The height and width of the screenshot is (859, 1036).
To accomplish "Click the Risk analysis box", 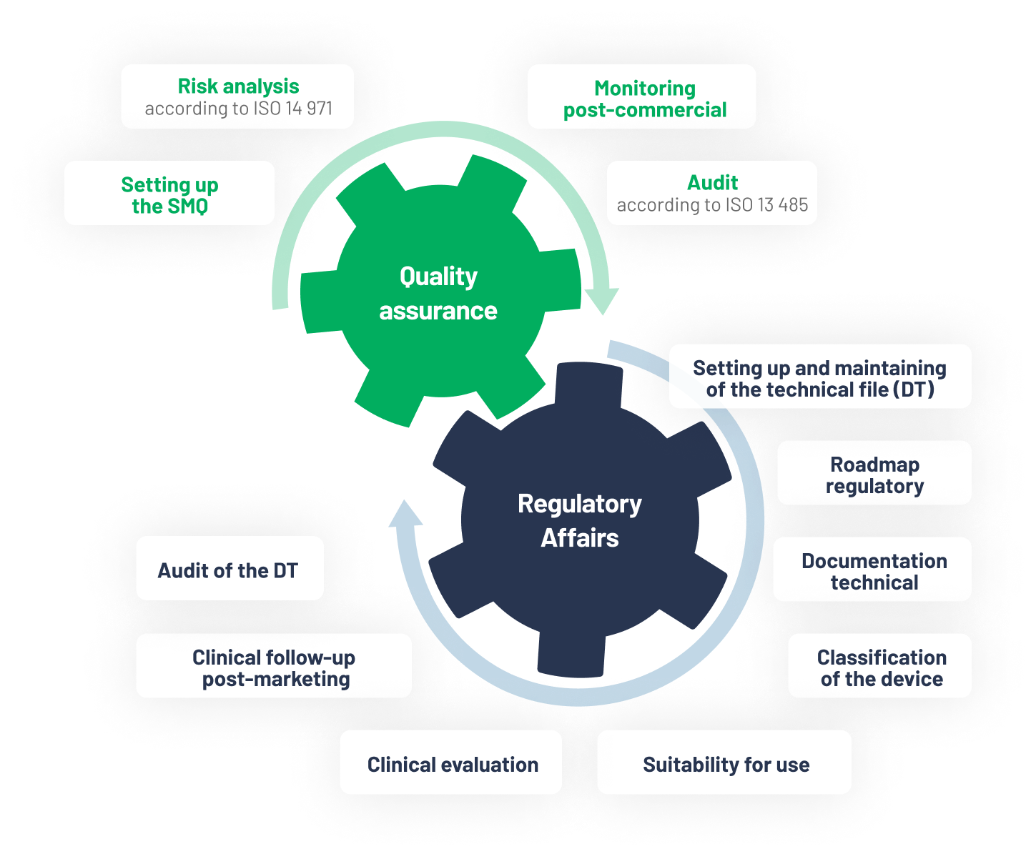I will [x=237, y=96].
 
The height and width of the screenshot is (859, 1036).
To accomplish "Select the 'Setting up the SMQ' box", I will [x=169, y=194].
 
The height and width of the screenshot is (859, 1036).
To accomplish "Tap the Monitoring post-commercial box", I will [x=641, y=97].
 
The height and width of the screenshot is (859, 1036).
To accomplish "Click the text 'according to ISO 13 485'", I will [x=712, y=205].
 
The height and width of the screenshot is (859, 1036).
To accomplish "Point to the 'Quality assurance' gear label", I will [x=438, y=294].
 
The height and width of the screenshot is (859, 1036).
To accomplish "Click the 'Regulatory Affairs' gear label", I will [x=579, y=520].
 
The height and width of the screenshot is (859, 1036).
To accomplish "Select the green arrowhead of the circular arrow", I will [x=603, y=300].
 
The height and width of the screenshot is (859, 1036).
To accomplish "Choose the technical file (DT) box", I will [x=819, y=377].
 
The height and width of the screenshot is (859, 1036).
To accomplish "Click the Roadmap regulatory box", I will [x=874, y=473].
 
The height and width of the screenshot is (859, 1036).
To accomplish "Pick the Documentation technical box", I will [x=872, y=570].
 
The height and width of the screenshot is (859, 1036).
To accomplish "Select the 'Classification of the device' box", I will [x=879, y=666].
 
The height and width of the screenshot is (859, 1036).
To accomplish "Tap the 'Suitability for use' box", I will [x=724, y=763].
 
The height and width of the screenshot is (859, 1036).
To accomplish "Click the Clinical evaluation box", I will [x=451, y=763].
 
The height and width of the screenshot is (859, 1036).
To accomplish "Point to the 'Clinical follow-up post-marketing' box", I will [x=274, y=666].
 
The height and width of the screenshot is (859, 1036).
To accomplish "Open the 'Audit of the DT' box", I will [x=229, y=569].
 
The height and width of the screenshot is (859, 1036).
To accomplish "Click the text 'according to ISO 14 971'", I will [x=238, y=109].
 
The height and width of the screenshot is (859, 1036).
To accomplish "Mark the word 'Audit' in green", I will [x=712, y=183].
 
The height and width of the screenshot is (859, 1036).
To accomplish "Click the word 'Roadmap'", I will [x=874, y=465].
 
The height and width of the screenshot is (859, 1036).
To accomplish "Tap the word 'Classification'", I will [x=882, y=657].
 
